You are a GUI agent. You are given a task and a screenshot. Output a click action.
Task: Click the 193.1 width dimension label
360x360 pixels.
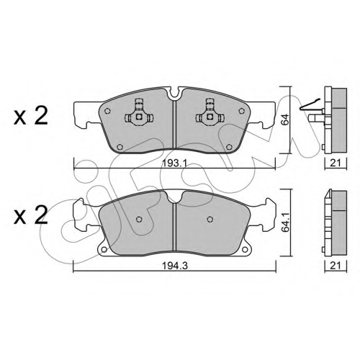174,163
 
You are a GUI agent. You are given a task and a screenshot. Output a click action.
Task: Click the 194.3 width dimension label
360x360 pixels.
174,266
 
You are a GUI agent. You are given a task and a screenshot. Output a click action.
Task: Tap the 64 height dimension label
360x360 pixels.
284,120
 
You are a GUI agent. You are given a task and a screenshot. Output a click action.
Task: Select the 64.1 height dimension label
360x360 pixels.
285,222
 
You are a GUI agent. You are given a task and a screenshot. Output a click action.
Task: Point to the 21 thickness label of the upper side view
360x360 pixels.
336,163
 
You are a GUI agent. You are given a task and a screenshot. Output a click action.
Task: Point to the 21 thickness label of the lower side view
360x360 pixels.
336,266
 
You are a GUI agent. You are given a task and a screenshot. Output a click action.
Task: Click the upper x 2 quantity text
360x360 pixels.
31,116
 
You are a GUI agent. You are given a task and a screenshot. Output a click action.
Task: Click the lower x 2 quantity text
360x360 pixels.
31,216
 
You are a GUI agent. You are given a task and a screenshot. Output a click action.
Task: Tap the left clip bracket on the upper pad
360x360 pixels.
139,114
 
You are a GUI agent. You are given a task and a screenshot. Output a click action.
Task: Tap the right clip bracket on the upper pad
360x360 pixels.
210,114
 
